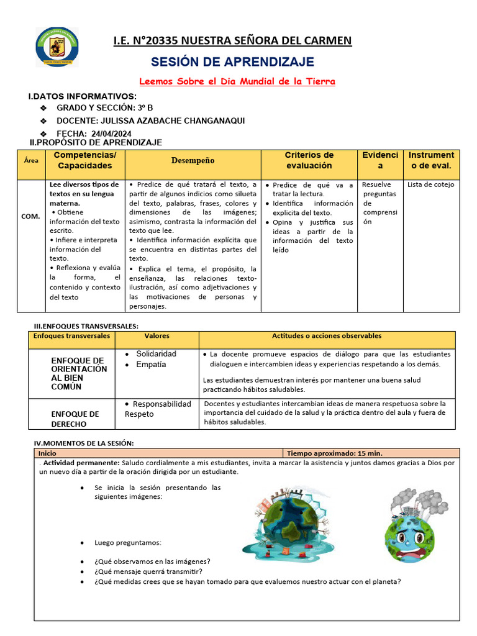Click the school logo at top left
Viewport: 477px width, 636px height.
tap(57, 47)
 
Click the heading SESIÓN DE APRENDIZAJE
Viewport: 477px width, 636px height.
tap(233, 61)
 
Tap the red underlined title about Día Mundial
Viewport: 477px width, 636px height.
tap(237, 81)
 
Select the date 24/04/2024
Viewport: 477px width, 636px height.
tap(111, 134)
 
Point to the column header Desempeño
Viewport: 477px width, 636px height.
tap(193, 160)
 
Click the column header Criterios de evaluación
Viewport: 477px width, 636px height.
tap(309, 160)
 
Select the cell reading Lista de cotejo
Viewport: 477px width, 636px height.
tap(430, 184)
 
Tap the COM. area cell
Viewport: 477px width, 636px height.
tap(30, 216)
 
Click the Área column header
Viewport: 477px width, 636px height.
tap(31, 160)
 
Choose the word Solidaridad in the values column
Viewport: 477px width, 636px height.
tap(156, 353)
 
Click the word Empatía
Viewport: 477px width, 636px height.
tap(151, 365)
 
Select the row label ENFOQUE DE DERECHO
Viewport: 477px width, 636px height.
tap(75, 419)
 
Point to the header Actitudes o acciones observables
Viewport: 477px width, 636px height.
tap(327, 336)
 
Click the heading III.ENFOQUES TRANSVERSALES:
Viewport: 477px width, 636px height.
tap(86, 326)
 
